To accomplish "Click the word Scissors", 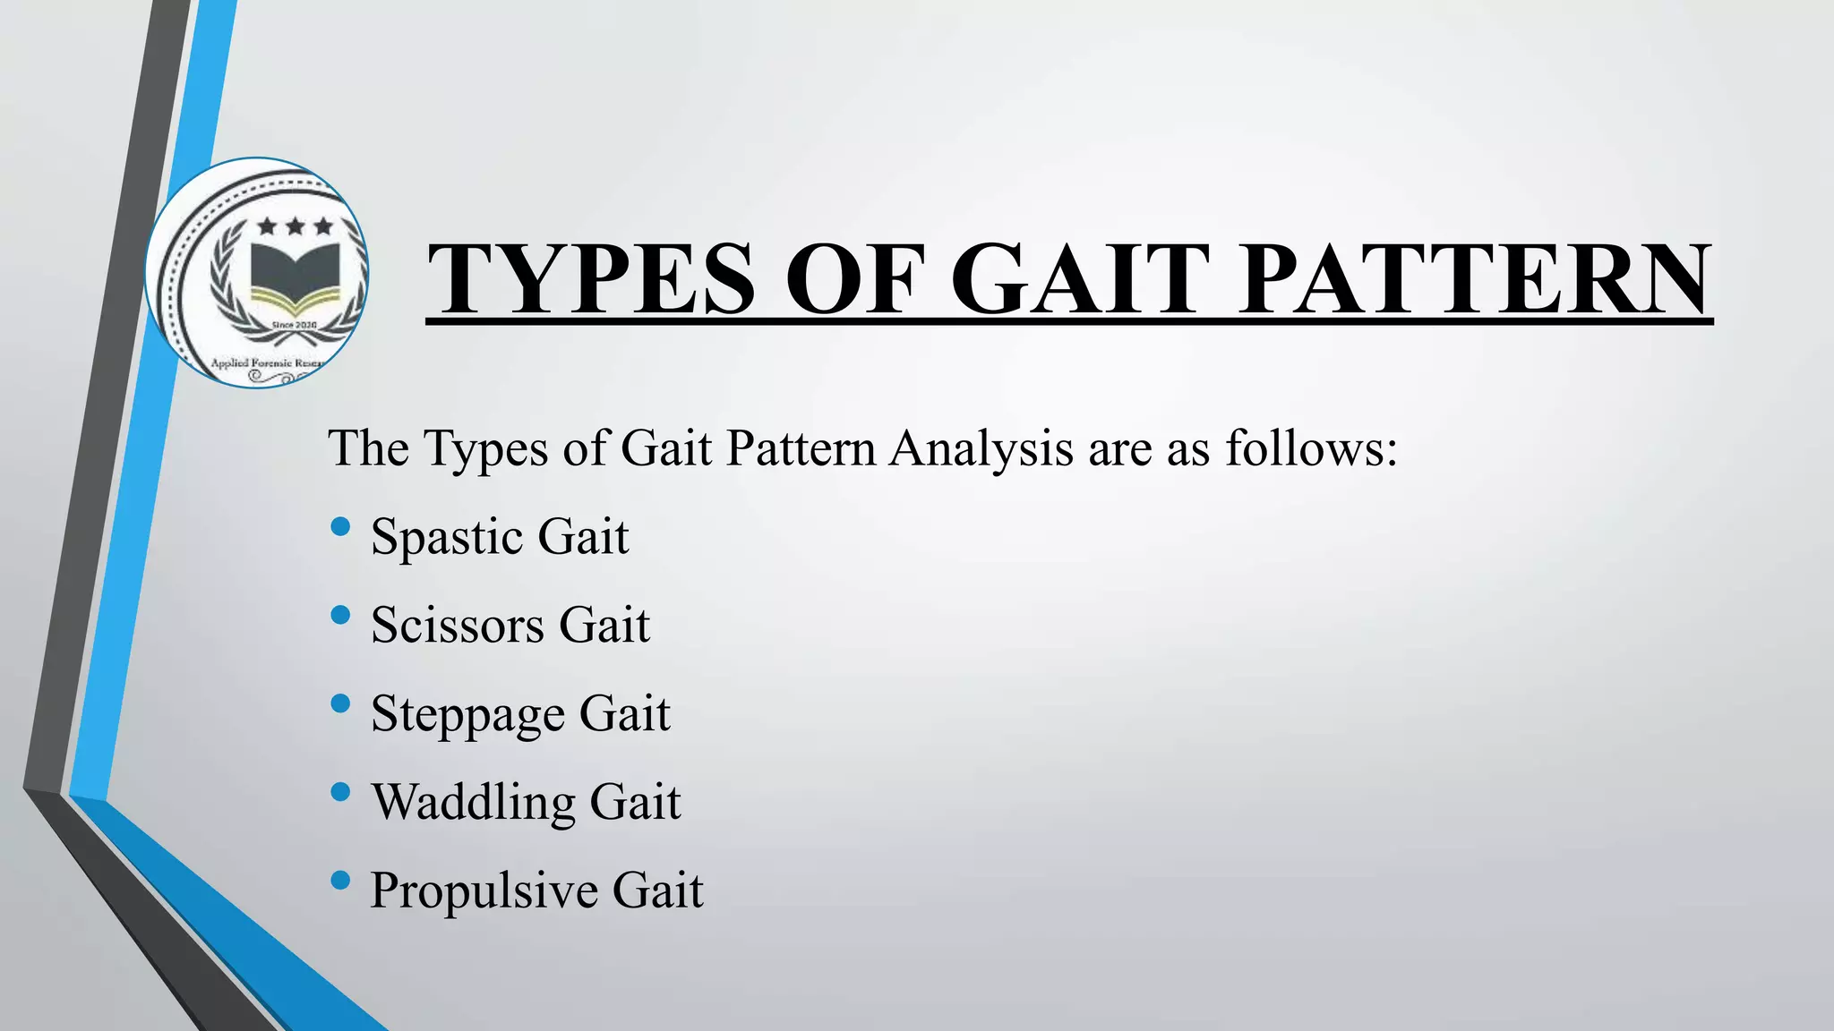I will click(x=457, y=625).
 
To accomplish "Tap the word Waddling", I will click(x=473, y=802).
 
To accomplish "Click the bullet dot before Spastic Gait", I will click(x=340, y=527).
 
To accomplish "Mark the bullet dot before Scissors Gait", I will click(x=340, y=615).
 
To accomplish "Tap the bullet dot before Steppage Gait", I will click(x=340, y=703).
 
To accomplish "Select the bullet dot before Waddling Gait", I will click(x=340, y=792).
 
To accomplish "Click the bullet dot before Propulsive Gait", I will click(x=340, y=881).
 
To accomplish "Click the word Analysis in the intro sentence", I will click(x=981, y=448).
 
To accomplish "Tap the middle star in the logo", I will click(x=295, y=226).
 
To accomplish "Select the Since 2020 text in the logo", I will click(x=294, y=323).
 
